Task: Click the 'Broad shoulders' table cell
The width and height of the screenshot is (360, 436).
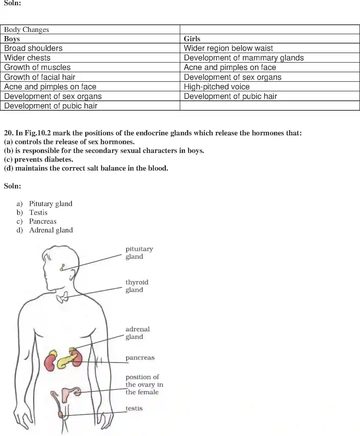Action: (33, 48)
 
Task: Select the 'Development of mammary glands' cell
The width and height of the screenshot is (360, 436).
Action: (244, 58)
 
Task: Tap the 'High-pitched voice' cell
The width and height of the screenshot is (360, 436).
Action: (217, 87)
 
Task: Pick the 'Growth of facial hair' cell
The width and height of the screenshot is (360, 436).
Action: (40, 77)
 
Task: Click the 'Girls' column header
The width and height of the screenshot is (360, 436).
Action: (192, 39)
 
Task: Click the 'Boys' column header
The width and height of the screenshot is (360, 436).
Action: (12, 39)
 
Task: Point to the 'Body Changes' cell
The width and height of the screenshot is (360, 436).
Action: (26, 30)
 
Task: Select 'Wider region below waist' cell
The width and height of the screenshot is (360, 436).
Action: (228, 48)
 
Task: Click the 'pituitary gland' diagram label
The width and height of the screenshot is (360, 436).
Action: (139, 253)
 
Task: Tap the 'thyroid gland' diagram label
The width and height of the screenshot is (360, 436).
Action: (137, 286)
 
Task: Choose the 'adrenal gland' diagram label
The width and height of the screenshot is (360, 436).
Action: (137, 333)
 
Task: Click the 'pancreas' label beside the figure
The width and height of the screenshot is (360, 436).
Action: (140, 358)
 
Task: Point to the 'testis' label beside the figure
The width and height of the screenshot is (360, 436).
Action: (134, 408)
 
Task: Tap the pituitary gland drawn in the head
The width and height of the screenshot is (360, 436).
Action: (62, 267)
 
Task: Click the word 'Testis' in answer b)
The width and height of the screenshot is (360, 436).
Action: (38, 213)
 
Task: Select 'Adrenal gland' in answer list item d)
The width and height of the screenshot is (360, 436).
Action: (51, 230)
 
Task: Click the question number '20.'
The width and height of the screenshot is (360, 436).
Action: (9, 133)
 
